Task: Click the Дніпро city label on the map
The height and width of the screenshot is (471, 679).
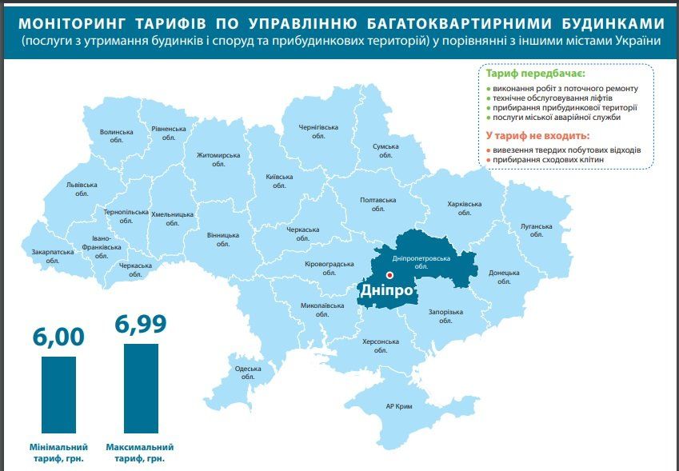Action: pos(387,289)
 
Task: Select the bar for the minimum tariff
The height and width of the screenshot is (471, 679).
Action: pos(58,394)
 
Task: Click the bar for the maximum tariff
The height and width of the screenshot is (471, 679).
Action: pos(142,388)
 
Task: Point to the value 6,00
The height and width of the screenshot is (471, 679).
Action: pos(58,337)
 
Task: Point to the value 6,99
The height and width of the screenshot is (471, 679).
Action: pos(141,324)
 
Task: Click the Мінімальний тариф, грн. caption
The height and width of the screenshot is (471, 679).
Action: pos(58,453)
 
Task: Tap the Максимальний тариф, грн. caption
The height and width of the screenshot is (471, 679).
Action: pos(142,453)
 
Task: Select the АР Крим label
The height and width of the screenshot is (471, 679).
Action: pos(398,406)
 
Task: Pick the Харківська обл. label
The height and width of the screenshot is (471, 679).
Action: pos(465,209)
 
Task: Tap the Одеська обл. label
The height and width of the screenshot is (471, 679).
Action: pos(248,373)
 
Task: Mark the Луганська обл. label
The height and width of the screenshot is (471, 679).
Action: pos(536,230)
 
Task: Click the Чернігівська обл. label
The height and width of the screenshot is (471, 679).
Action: pos(318,132)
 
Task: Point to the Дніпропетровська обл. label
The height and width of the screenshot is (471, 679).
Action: pos(422,263)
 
